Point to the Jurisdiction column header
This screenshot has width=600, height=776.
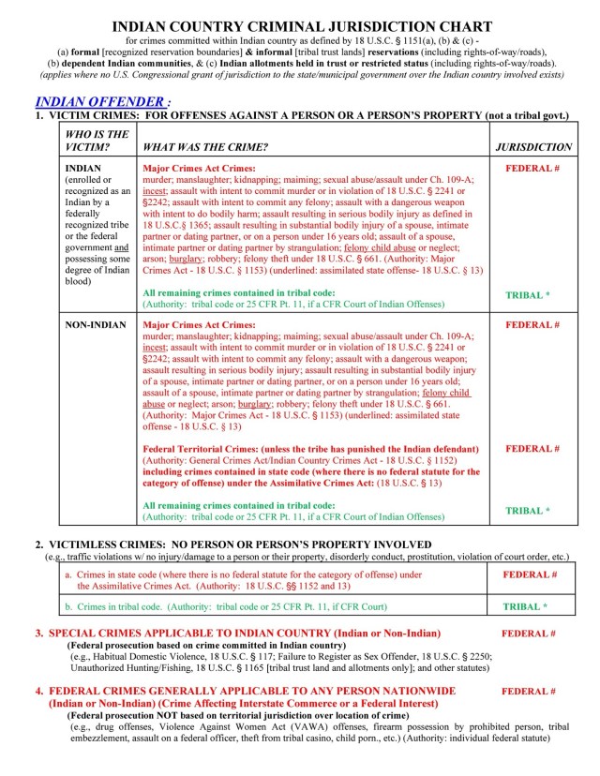tap(532, 147)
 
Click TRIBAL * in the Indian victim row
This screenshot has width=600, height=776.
tap(528, 295)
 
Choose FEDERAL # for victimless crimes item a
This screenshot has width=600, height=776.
tap(530, 574)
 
